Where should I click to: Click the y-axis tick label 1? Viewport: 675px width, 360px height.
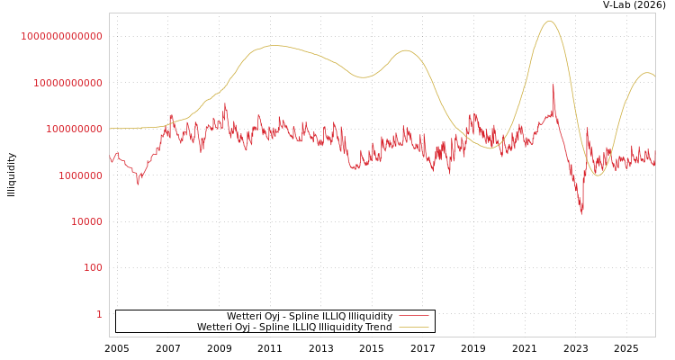click(x=99, y=314)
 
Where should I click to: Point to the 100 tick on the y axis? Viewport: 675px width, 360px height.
click(x=93, y=268)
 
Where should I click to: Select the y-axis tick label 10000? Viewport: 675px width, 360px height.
click(x=86, y=221)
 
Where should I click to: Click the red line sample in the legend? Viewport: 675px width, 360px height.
click(x=413, y=316)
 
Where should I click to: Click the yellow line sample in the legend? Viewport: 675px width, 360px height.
click(x=413, y=327)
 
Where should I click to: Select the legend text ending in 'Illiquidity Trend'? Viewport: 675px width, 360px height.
click(x=294, y=327)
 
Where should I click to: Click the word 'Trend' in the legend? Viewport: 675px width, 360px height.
click(x=377, y=327)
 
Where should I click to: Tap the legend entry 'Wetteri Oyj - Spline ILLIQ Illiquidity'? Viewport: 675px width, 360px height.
click(x=309, y=316)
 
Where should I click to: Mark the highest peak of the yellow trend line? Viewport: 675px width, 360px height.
click(x=549, y=22)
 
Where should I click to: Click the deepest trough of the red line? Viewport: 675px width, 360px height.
click(x=581, y=212)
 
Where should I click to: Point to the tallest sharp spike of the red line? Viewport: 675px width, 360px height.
click(x=553, y=85)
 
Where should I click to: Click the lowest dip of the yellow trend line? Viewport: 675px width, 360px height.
click(x=597, y=175)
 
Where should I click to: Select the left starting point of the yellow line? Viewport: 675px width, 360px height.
click(x=110, y=129)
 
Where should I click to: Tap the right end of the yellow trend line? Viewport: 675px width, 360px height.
click(x=654, y=76)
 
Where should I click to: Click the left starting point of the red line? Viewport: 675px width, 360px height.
click(x=110, y=158)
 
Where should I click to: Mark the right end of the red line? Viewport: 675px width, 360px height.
click(x=654, y=162)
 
